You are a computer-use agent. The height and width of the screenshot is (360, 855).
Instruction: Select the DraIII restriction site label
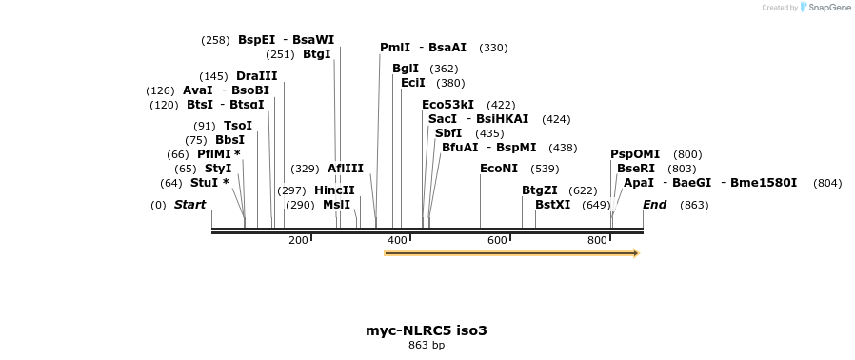(257, 76)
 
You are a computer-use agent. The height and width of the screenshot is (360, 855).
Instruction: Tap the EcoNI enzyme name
(499, 169)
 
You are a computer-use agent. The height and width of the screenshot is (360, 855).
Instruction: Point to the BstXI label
(553, 205)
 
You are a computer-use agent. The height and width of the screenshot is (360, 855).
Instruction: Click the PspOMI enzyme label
(635, 154)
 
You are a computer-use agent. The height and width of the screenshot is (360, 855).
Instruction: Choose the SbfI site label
(448, 133)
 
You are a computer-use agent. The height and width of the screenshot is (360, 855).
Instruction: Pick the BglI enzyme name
(406, 69)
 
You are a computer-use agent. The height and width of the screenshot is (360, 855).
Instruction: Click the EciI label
(413, 83)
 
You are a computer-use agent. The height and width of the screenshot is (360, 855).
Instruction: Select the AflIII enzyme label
(346, 169)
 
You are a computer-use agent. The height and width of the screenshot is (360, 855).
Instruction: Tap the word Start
(189, 205)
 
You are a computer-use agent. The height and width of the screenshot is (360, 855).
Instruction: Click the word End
(654, 205)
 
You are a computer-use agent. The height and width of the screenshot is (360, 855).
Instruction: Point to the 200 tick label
(298, 240)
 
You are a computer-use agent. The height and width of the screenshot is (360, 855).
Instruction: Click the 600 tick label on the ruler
(497, 240)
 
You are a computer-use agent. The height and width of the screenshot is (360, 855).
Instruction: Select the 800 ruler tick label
(597, 240)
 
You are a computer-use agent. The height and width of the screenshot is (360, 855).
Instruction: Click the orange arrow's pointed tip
(637, 253)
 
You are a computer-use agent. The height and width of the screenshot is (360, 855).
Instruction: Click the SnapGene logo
(825, 8)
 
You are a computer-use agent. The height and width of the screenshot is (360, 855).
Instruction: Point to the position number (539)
(545, 169)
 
